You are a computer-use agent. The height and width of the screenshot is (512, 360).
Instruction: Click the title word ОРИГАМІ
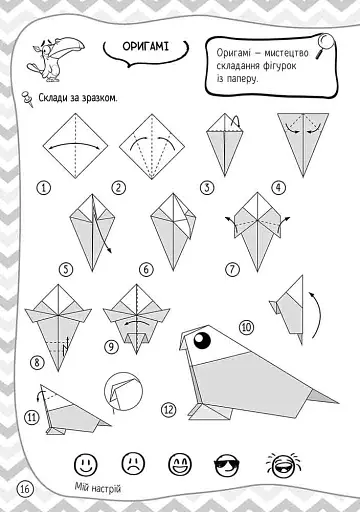(x=146, y=46)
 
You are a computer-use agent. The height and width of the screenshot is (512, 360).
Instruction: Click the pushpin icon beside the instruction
(x=27, y=99)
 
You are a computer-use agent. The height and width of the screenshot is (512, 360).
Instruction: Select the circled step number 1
(x=44, y=188)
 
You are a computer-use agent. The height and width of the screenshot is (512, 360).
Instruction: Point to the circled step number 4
(x=279, y=188)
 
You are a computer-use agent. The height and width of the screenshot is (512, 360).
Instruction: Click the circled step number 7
(x=232, y=269)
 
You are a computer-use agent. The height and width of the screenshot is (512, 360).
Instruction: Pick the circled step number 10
(x=246, y=327)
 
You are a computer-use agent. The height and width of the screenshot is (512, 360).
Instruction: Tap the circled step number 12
(x=169, y=409)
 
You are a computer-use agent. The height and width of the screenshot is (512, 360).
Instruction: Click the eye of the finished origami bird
(x=202, y=340)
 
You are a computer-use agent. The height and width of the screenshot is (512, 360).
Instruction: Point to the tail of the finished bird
(x=323, y=396)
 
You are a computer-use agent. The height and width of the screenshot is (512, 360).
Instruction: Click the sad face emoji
(x=133, y=463)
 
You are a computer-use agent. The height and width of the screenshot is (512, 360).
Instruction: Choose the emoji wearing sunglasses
(x=227, y=464)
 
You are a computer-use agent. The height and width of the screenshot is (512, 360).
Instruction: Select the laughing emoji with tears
(x=284, y=464)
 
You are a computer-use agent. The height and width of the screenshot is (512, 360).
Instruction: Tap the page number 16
(x=25, y=489)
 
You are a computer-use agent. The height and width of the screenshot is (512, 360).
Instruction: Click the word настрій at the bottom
(x=106, y=489)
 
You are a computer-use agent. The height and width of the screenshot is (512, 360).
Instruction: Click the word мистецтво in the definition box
(x=286, y=53)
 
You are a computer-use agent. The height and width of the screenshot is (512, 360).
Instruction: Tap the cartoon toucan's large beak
(x=69, y=48)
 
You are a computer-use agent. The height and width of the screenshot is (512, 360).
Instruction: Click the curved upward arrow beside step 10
(x=316, y=315)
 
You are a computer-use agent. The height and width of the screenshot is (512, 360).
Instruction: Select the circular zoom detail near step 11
(x=123, y=391)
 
